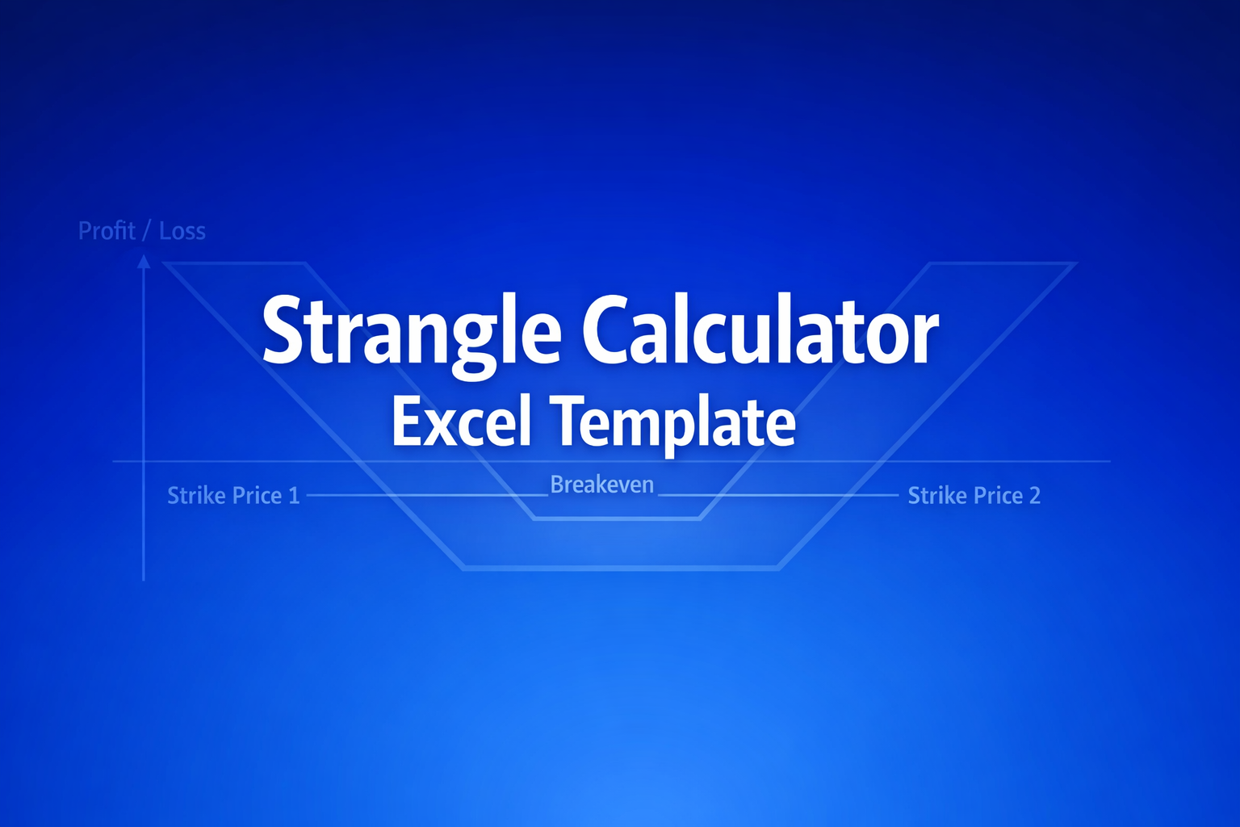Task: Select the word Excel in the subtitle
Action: point(461,422)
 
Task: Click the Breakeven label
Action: point(602,485)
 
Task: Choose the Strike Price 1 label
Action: point(233,495)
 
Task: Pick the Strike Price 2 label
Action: point(974,495)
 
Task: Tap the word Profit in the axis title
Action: point(107,231)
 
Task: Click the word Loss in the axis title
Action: point(182,231)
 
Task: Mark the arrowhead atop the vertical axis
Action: point(144,261)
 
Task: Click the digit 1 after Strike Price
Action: point(294,495)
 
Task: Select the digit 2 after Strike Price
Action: point(1034,495)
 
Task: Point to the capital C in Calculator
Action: point(606,330)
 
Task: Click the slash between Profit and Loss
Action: point(147,232)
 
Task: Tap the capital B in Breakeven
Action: point(557,485)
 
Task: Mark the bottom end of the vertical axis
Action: point(144,577)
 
